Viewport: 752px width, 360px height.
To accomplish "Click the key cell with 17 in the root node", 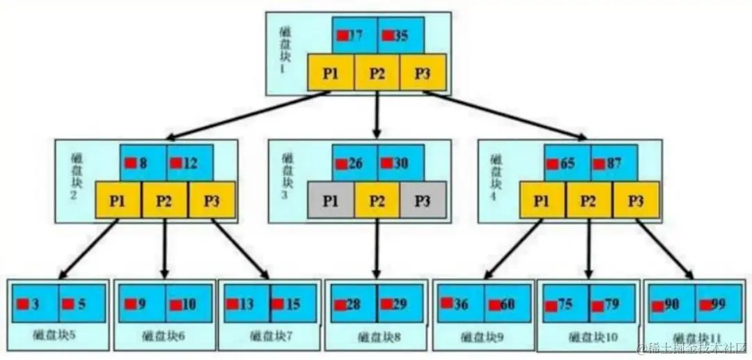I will click(x=354, y=35).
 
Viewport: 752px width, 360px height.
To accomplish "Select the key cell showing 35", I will click(x=400, y=35).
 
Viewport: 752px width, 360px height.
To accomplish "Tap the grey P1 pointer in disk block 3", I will click(x=331, y=201).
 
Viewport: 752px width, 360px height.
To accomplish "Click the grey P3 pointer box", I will click(x=422, y=201).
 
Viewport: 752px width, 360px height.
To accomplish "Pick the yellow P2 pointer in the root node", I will click(x=377, y=73).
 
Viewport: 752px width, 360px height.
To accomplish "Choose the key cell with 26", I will click(x=354, y=164).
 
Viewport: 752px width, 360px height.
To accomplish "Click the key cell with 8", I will click(x=143, y=164).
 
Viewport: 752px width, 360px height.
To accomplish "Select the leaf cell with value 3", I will click(x=35, y=304).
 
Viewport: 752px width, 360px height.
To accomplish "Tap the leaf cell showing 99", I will click(x=717, y=304).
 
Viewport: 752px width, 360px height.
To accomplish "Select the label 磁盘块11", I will click(x=698, y=336).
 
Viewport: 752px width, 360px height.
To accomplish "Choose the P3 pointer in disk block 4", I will click(x=636, y=201).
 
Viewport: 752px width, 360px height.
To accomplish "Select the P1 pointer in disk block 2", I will click(x=118, y=201).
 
